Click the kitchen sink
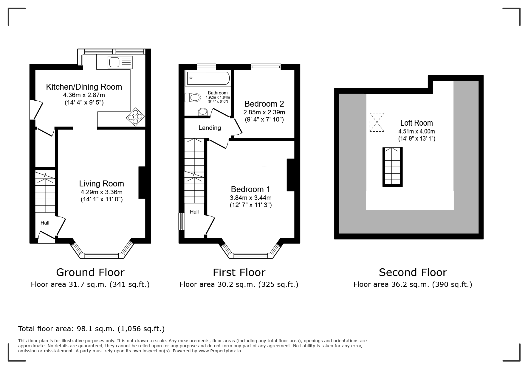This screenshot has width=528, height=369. tap(120, 62)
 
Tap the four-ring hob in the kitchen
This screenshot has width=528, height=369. tap(136, 117)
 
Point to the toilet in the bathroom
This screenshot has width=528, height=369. tap(193, 97)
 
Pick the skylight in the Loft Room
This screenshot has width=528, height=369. tap(377, 122)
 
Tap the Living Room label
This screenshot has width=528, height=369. tap(101, 183)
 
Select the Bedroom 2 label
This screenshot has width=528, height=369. tap(264, 104)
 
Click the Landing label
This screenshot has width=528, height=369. tap(210, 128)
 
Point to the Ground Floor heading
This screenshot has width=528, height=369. tap(90, 272)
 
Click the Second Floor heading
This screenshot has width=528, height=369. tap(413, 272)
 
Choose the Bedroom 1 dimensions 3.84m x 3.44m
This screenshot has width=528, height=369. tap(251, 198)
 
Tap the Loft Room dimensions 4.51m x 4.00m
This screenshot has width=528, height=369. tap(416, 131)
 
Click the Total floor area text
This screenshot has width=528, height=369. tap(92, 329)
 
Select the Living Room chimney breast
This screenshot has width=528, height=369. tap(142, 182)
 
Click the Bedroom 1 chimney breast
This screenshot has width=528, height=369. tap(291, 175)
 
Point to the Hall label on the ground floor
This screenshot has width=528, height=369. tap(45, 223)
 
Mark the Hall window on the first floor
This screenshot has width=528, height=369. tap(182, 221)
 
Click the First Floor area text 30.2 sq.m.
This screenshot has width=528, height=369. tap(239, 284)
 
